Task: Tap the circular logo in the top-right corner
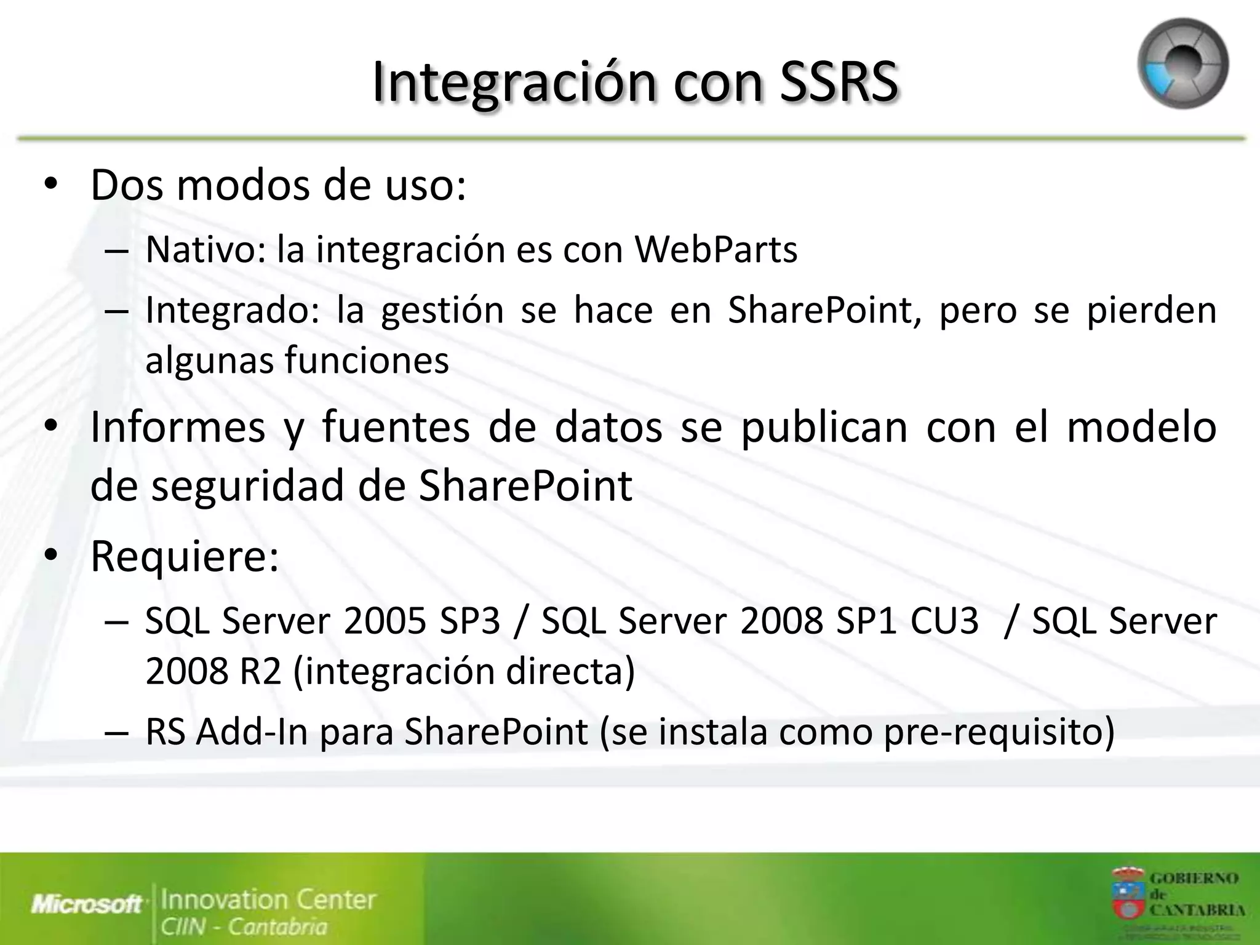click(1182, 64)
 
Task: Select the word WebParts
click(716, 250)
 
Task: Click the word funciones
click(367, 360)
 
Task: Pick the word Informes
click(178, 427)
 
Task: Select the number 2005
click(385, 621)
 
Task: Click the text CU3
click(944, 621)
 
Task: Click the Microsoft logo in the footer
click(87, 904)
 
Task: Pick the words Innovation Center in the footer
click(268, 899)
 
